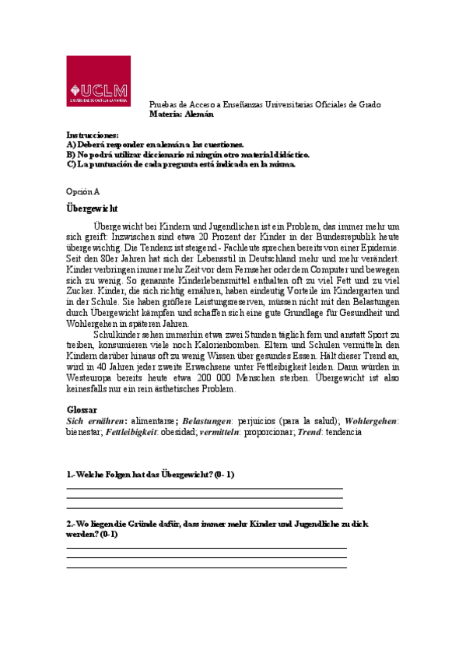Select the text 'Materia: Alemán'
coord(181,114)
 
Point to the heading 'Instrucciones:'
coord(93,135)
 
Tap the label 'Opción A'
coord(83,191)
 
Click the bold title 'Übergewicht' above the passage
coord(92,208)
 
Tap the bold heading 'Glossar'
coord(82,409)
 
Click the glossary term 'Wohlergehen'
coord(371,420)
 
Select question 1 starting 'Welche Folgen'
coord(151,474)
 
